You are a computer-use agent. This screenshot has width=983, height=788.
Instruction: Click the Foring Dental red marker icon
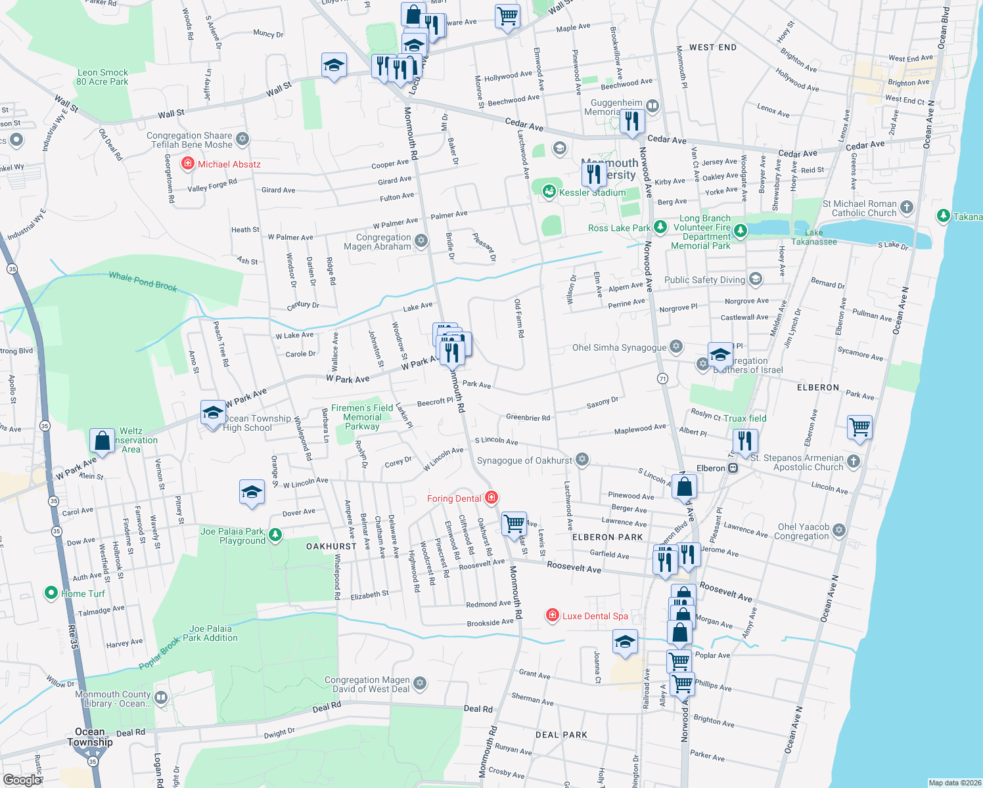pos(491,498)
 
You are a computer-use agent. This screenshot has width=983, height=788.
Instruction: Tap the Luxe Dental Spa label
pos(595,616)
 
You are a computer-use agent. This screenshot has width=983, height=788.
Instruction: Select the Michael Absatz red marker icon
pos(188,164)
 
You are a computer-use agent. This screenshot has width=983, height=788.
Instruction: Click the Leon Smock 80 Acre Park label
pos(103,77)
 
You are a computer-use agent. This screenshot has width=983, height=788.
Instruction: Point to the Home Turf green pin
pos(51,593)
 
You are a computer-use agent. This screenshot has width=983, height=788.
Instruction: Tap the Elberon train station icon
pos(733,468)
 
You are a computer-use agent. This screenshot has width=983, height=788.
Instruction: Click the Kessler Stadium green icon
pos(549,191)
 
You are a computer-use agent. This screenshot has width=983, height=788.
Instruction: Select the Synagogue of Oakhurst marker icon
pos(582,460)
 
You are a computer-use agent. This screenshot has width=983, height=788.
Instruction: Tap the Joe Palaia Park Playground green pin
pos(275,535)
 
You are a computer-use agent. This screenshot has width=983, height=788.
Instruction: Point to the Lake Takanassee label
pos(813,237)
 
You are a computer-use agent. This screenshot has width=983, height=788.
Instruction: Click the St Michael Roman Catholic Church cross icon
pos(906,208)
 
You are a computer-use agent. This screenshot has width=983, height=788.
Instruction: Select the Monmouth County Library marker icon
pos(161,697)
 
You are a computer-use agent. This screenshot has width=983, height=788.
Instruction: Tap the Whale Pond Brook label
pos(143,281)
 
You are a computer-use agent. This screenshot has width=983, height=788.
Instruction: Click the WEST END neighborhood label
pos(713,47)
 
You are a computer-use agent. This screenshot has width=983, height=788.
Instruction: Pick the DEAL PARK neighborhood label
pos(561,735)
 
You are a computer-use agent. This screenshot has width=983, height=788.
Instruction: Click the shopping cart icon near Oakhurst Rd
pos(514,524)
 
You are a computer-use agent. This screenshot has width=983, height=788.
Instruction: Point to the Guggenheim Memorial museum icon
pos(652,106)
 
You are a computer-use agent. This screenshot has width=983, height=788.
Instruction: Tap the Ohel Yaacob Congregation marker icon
pos(838,530)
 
